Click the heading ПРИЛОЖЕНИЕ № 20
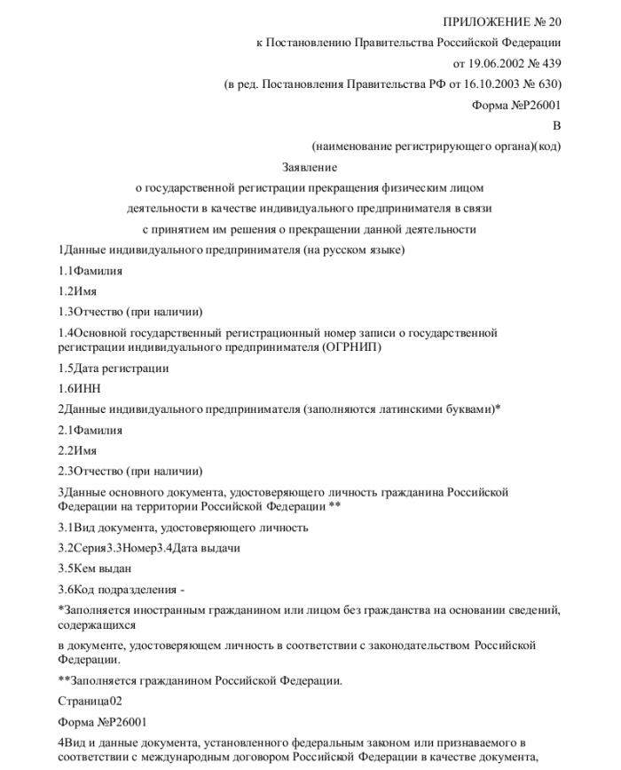click(x=501, y=20)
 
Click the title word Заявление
click(x=310, y=167)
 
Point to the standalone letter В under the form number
click(x=556, y=126)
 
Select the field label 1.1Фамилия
click(x=90, y=270)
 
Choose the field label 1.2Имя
click(x=77, y=290)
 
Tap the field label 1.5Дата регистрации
click(x=113, y=368)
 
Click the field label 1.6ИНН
click(x=77, y=388)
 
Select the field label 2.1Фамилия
click(x=90, y=430)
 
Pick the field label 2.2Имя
click(x=77, y=450)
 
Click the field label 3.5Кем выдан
click(x=94, y=568)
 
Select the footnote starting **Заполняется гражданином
click(x=198, y=681)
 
